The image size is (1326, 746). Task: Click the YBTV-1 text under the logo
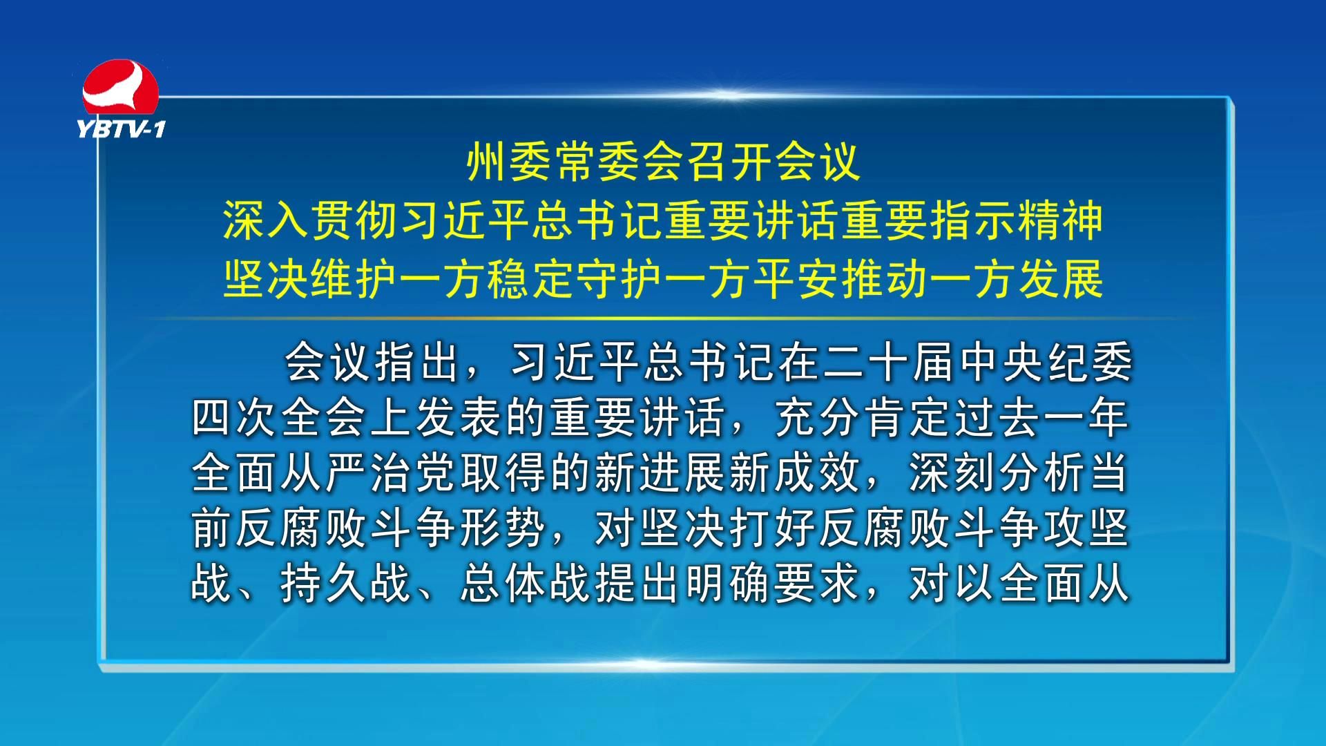[121, 129]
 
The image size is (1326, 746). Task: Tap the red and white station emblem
[120, 88]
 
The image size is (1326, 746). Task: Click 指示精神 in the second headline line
[1015, 221]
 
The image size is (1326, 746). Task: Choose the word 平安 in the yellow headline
[796, 280]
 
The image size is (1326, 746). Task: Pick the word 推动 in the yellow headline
[884, 280]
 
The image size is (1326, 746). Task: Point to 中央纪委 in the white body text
[1046, 362]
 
